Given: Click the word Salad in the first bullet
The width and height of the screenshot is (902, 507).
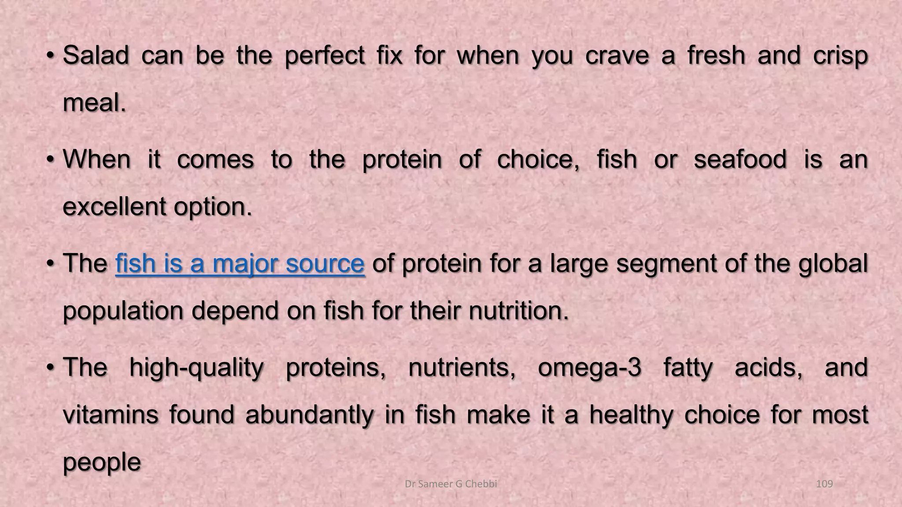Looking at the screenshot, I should click(x=96, y=56).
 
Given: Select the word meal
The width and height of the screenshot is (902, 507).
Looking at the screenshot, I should click(x=94, y=103).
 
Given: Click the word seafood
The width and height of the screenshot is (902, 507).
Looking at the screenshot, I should click(x=740, y=159).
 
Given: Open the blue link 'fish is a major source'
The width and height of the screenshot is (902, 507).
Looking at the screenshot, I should click(x=240, y=264).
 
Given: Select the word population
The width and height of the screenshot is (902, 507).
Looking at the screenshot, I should click(x=123, y=311).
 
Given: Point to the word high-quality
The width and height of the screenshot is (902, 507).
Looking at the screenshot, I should click(x=196, y=368).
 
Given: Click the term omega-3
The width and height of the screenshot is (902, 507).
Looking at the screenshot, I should click(x=589, y=368).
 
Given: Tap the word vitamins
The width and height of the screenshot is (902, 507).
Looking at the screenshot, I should click(x=111, y=415).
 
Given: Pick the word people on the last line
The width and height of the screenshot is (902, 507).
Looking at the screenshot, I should click(x=102, y=462).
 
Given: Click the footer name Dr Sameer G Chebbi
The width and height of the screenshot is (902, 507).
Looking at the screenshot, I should click(x=451, y=484).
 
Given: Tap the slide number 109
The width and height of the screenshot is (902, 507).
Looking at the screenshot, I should click(x=824, y=484).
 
